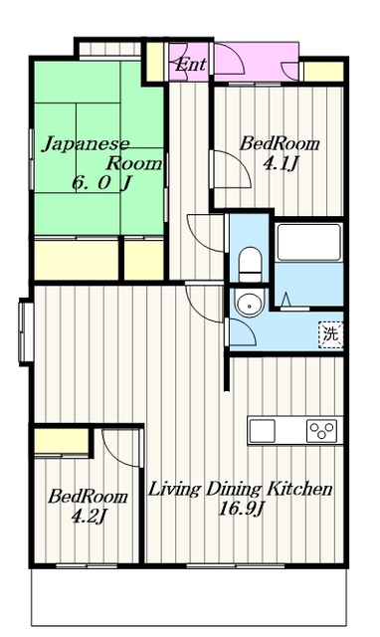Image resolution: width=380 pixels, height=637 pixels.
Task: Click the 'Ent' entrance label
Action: pos(190,65)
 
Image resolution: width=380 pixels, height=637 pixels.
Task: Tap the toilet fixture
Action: pos(250,265)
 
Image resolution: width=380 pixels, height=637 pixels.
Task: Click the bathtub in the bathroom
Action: pos(308,242)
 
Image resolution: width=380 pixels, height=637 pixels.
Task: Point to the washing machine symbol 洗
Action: pos(330,334)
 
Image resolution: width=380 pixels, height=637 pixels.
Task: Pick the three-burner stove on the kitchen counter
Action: pos(322,431)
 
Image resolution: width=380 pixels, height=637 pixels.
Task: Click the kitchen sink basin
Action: pos(263,431)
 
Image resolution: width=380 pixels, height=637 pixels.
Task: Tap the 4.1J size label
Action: pos(281,163)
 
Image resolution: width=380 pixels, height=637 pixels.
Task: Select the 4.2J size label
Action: pos(89,517)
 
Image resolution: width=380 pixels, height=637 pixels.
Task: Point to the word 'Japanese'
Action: pos(86,144)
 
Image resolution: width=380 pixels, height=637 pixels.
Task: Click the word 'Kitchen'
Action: pos(299,489)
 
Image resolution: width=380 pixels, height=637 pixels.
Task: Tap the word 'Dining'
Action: pos(233,490)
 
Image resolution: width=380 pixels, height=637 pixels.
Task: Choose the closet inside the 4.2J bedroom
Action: pos(62,441)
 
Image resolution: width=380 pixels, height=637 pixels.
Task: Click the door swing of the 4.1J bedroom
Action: pos(233,169)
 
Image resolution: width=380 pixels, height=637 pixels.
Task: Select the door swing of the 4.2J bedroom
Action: pos(120,448)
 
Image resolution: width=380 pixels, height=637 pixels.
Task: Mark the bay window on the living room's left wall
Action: pos(26,331)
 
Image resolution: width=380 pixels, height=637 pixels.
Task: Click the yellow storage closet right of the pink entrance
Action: pos(324,71)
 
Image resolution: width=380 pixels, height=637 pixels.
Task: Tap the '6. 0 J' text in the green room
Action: pos(101,183)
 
